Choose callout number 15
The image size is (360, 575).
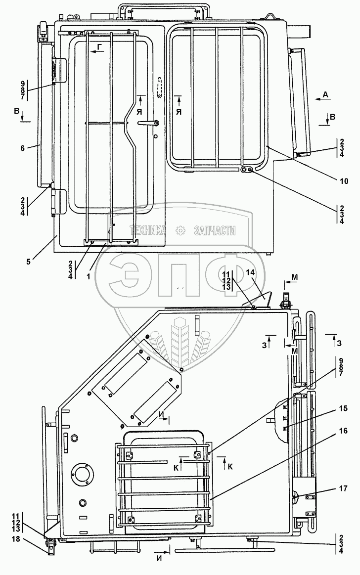343,408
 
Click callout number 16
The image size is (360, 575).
343,431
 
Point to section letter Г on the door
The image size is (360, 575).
100,47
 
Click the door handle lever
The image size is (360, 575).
148,123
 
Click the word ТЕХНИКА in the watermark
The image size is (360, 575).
147,230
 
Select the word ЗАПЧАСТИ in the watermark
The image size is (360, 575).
214,230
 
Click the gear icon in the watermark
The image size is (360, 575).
180,230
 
